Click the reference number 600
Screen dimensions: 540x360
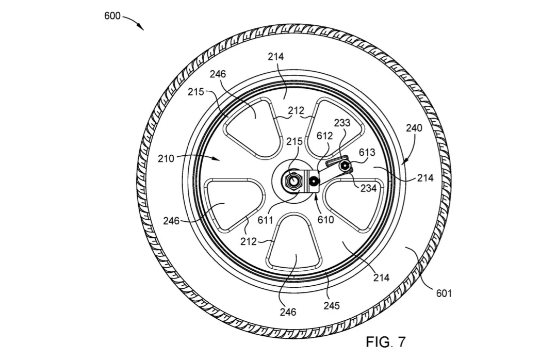[x=112, y=16]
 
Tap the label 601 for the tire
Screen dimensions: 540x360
[x=444, y=293]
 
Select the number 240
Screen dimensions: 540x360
[x=414, y=128]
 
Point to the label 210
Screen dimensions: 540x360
[x=166, y=159]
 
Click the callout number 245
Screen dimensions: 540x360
[x=332, y=305]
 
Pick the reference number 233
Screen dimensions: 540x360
[x=342, y=123]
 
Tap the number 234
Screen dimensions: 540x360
[x=368, y=188]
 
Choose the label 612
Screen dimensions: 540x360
[x=325, y=136]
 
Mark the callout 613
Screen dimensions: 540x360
[x=367, y=152]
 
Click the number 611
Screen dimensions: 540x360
[x=266, y=220]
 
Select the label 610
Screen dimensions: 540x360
[x=325, y=219]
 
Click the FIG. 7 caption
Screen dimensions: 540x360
[x=386, y=342]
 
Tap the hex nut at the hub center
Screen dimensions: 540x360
[x=293, y=181]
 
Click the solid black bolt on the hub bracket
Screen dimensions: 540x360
[x=314, y=180]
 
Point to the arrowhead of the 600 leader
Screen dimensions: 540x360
[x=141, y=27]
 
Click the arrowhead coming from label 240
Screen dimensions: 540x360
[x=405, y=161]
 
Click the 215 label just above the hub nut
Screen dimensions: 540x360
[x=295, y=141]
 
